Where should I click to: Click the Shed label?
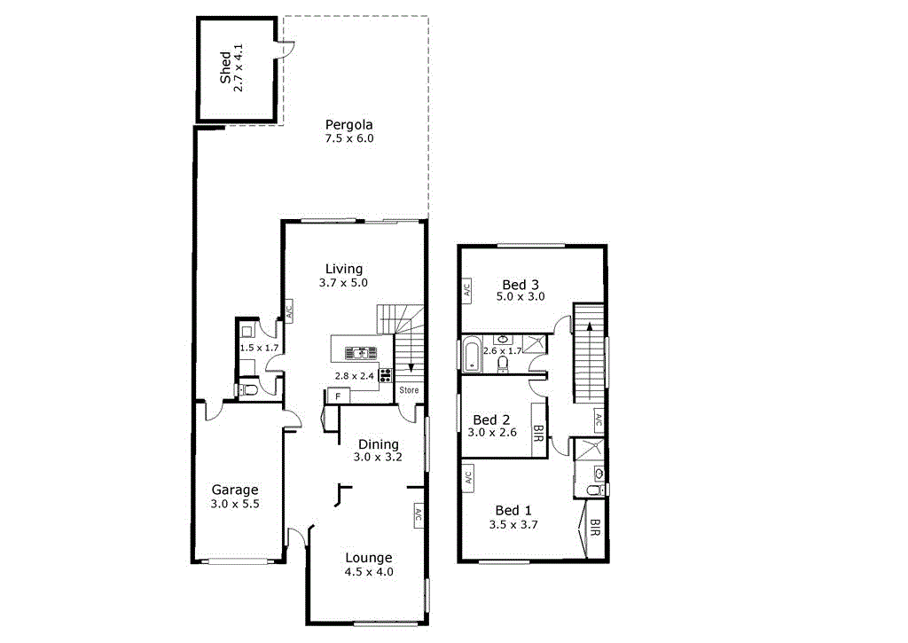click(225, 68)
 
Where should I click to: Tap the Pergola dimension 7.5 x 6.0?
click(349, 138)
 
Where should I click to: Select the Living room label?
click(343, 270)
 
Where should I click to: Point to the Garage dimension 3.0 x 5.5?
click(234, 504)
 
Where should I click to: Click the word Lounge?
click(369, 558)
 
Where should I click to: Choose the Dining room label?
click(379, 444)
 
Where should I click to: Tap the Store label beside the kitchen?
click(409, 390)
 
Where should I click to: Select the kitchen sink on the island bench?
click(362, 352)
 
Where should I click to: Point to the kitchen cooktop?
click(386, 375)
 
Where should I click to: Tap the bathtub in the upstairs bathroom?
click(471, 356)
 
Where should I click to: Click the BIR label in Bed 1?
click(595, 529)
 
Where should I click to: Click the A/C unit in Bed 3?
click(466, 290)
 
